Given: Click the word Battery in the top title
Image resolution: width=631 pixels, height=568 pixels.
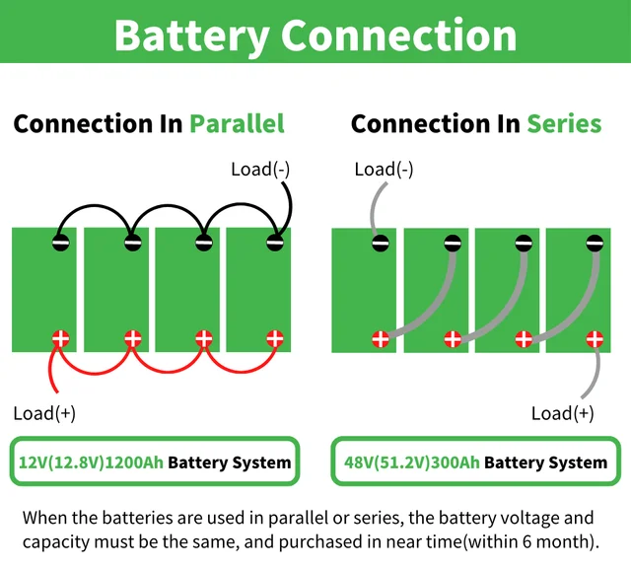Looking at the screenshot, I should (x=191, y=35).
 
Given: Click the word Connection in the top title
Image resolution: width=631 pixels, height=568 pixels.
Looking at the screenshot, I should (x=398, y=35).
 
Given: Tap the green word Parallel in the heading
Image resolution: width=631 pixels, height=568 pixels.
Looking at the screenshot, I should (x=237, y=123).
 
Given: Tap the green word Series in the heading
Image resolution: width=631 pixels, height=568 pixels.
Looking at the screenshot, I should (x=563, y=123).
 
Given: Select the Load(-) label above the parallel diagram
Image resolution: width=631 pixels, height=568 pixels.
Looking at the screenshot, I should (x=260, y=169).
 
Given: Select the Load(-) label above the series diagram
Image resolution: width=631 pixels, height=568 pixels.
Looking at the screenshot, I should (x=384, y=169).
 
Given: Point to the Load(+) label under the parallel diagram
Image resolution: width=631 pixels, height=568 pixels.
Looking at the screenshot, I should (x=43, y=412).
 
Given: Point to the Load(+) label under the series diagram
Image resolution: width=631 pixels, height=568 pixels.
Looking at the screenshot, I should (x=562, y=412).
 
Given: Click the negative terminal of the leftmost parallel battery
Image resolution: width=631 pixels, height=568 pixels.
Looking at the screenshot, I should (x=60, y=242).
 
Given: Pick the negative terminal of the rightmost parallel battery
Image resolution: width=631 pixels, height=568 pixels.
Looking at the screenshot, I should (x=274, y=242).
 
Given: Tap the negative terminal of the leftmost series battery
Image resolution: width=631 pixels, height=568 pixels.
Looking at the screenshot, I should (x=380, y=242).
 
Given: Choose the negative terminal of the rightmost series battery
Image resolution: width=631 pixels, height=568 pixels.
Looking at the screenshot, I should (x=594, y=242).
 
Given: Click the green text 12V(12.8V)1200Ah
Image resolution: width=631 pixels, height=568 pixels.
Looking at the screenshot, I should (x=91, y=461).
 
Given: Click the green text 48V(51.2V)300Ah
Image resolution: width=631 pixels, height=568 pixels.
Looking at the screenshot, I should (x=411, y=461).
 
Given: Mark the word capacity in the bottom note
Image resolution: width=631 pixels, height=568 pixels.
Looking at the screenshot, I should (x=56, y=541).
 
